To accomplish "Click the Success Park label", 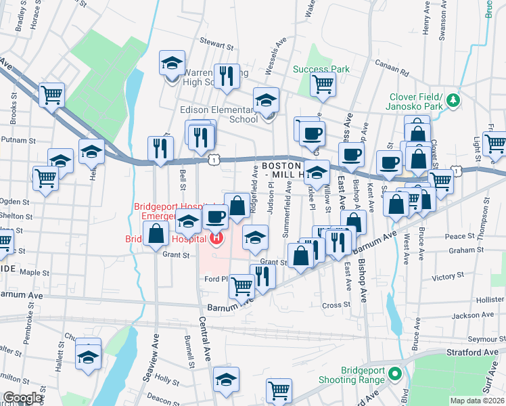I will [x=321, y=69].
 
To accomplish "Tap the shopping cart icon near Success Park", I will [x=323, y=84].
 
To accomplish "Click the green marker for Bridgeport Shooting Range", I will [x=399, y=373].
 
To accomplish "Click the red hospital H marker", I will [x=216, y=238].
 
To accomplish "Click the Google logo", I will [x=22, y=397].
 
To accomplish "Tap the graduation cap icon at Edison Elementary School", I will [x=267, y=100].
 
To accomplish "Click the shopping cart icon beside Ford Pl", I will [x=241, y=286].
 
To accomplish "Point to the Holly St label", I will [x=166, y=380].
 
